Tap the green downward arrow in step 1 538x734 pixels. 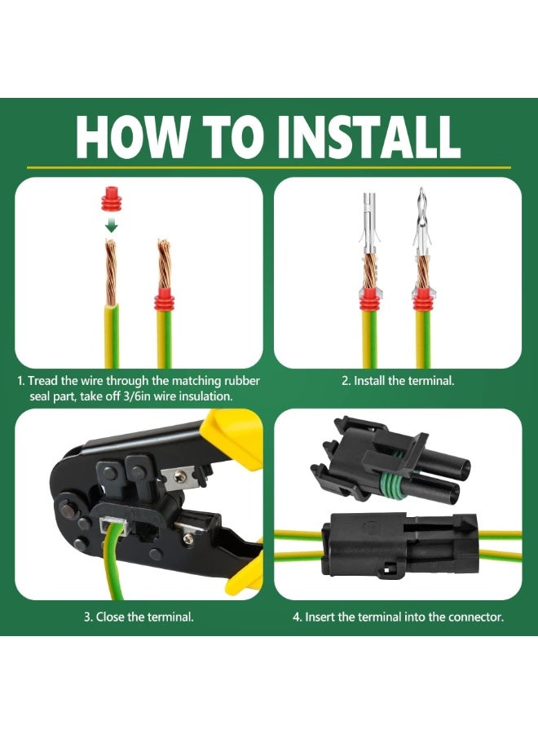(111, 225)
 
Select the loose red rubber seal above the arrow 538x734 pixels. (111, 201)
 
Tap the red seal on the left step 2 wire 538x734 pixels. (369, 299)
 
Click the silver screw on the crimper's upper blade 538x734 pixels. (179, 476)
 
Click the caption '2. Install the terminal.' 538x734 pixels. (398, 381)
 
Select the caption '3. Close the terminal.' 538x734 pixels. (139, 617)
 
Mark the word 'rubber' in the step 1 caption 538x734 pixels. (242, 381)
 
